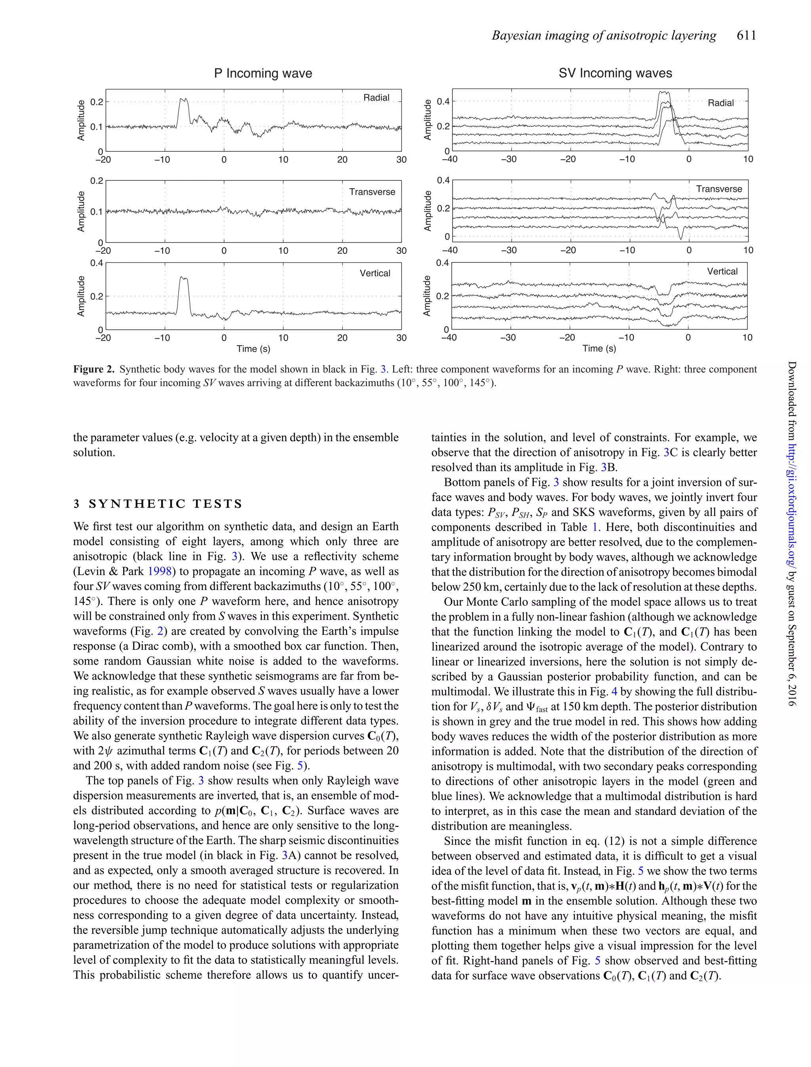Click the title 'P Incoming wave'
(263, 73)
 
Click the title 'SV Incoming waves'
(615, 73)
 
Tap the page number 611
(746, 36)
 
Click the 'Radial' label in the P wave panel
(376, 98)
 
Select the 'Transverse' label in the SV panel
(719, 189)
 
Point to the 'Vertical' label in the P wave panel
(375, 273)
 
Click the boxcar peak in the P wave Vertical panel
(183, 279)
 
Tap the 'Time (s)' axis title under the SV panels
(599, 349)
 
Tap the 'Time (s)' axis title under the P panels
(253, 349)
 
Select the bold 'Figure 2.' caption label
(93, 370)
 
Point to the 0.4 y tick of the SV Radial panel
(443, 102)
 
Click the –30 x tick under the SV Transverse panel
(508, 250)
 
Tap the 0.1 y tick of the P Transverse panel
(97, 212)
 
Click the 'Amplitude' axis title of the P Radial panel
(81, 120)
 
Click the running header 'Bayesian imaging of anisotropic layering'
(604, 36)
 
